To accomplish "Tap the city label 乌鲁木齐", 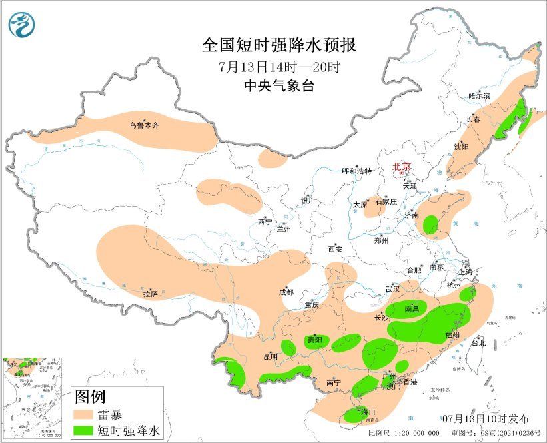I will click(144, 125).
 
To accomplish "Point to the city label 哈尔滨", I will click(479, 96).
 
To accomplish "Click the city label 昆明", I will click(271, 357).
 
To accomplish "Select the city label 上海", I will click(465, 272).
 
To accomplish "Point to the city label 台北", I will click(478, 343).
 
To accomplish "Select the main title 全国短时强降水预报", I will click(279, 45).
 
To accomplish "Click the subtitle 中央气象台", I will click(279, 85).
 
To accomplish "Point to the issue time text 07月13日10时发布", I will click(486, 419).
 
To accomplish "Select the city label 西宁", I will click(265, 222).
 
